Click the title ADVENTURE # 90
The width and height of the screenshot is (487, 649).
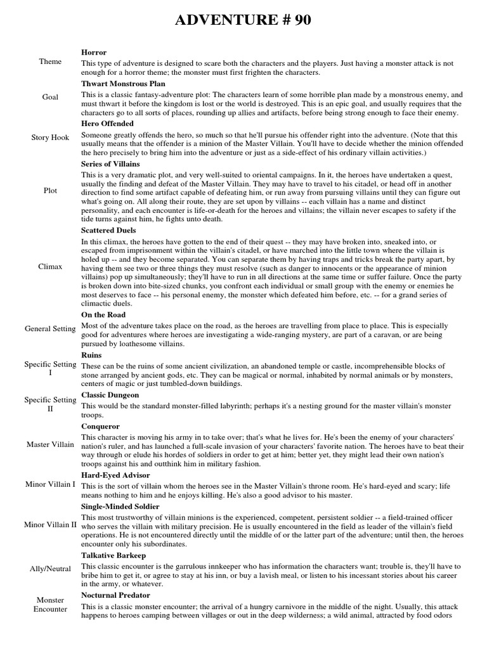[x=243, y=20]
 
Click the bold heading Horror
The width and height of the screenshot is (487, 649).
[x=94, y=52]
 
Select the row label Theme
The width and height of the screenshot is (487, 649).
[x=50, y=61]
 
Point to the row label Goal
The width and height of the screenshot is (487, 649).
[x=50, y=97]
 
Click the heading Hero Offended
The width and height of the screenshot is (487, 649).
[x=107, y=123]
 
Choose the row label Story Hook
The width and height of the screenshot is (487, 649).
[x=50, y=137]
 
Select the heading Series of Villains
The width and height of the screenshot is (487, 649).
[x=113, y=164]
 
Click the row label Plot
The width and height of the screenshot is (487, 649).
[x=50, y=190]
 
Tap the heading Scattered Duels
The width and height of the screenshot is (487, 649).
[x=108, y=230]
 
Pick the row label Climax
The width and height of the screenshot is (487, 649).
[x=50, y=266]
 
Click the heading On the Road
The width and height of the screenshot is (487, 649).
[x=103, y=314]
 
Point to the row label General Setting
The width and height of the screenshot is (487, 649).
[x=50, y=329]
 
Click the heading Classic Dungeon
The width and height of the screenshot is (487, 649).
[x=110, y=394]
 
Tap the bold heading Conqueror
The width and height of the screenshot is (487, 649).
[x=100, y=427]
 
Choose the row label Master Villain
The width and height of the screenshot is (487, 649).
[x=50, y=444]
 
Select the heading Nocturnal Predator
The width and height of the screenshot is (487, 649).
[x=115, y=595]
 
